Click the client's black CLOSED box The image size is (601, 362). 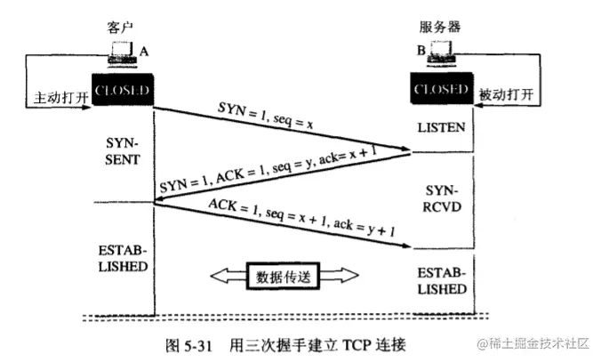point(122,90)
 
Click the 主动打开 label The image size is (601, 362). point(57,96)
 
